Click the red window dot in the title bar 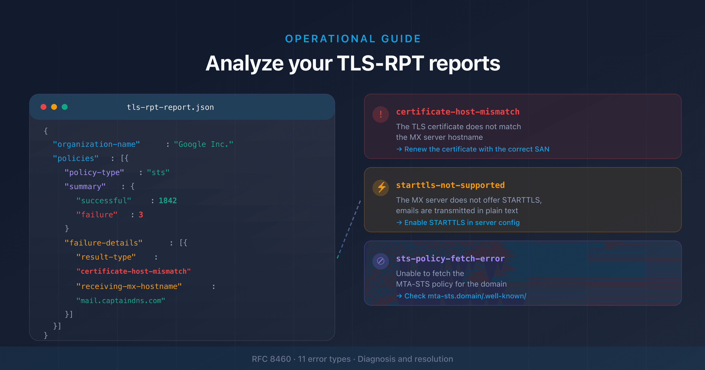click(x=43, y=107)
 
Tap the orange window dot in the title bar click(x=54, y=107)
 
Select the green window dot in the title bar click(x=65, y=107)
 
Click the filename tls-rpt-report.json click(x=170, y=107)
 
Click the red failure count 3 click(x=141, y=215)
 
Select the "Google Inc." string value click(x=203, y=144)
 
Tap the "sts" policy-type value click(x=158, y=172)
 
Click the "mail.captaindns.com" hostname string click(x=120, y=301)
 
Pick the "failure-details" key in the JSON click(x=103, y=243)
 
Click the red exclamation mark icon click(x=381, y=114)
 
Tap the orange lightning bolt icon click(x=381, y=188)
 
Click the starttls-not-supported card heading click(x=450, y=185)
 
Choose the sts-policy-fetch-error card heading click(x=450, y=259)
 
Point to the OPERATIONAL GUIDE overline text click(x=352, y=39)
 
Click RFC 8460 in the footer click(x=271, y=359)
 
